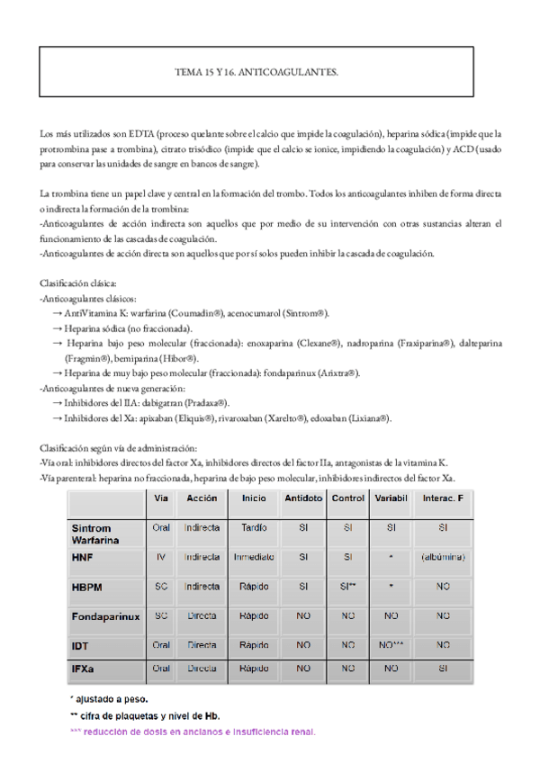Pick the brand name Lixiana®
click(368, 418)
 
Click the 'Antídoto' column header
click(303, 498)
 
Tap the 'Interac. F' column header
click(442, 498)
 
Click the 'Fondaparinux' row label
click(104, 616)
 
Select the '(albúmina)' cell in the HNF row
click(442, 558)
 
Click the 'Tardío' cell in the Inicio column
click(253, 528)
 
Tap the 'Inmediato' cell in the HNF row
click(253, 558)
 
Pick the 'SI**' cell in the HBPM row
click(347, 587)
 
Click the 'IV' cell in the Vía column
click(161, 558)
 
